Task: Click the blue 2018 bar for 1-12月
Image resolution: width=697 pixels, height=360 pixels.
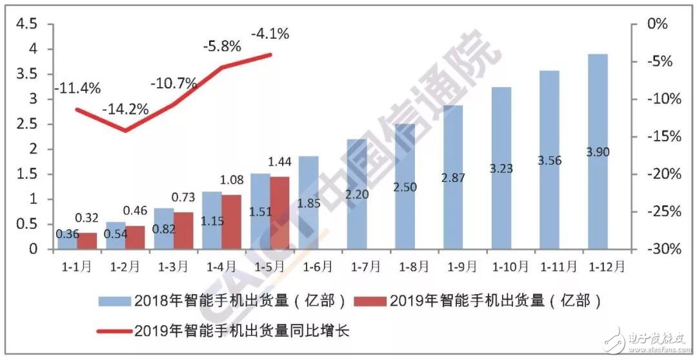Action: pyautogui.click(x=598, y=194)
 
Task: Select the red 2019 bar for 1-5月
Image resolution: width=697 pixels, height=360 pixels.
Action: pyautogui.click(x=280, y=213)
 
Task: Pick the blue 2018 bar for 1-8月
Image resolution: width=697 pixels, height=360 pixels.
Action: pyautogui.click(x=405, y=206)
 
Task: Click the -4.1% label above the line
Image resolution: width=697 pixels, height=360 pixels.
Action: pyautogui.click(x=270, y=32)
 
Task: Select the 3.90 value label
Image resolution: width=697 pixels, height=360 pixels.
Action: pyautogui.click(x=598, y=152)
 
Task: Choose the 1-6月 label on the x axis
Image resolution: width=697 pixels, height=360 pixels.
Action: pyautogui.click(x=318, y=265)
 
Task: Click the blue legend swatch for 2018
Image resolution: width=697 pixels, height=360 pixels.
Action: pyautogui.click(x=114, y=301)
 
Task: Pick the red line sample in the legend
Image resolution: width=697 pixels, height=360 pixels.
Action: pyautogui.click(x=114, y=331)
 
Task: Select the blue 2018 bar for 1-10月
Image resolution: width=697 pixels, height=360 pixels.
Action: pyautogui.click(x=501, y=168)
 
